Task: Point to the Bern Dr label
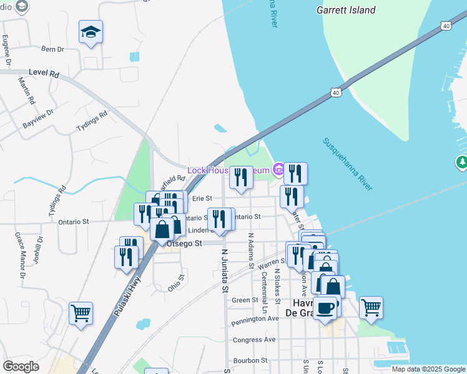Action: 52,49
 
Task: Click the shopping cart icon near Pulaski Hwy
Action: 81,314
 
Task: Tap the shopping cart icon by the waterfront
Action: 371,307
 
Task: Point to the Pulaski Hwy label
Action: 128,296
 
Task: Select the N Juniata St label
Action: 225,271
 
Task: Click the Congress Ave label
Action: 254,340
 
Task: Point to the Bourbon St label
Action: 250,360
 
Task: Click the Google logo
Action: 21,367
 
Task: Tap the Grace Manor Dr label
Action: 21,255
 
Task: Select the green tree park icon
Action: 462,163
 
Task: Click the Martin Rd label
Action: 26,90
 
